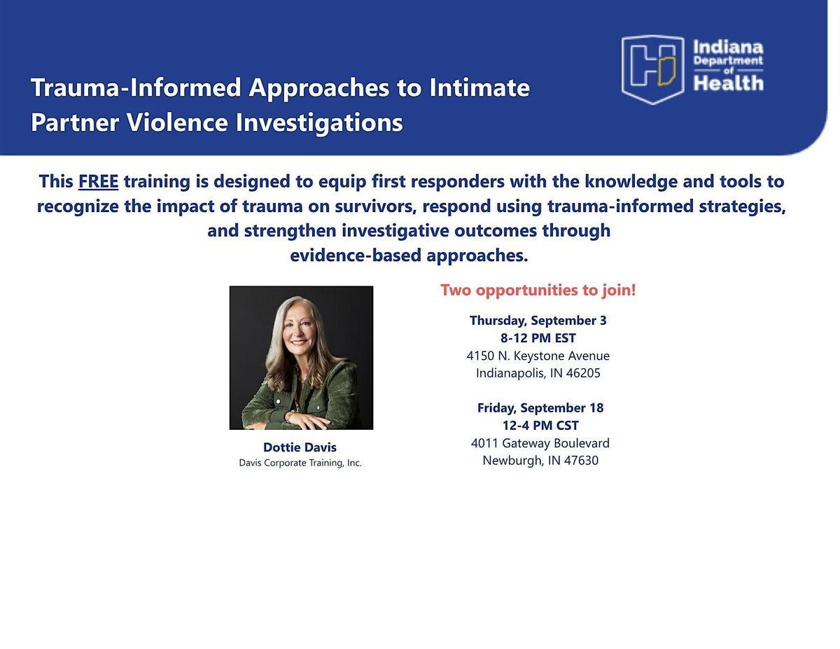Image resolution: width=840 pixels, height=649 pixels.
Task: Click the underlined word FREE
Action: [98, 181]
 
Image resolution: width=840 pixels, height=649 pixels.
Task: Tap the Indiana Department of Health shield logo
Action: [652, 69]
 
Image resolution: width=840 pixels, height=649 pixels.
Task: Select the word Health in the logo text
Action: [728, 83]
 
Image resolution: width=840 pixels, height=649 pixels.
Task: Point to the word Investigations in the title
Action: [319, 123]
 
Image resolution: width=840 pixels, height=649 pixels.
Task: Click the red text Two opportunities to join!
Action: [538, 290]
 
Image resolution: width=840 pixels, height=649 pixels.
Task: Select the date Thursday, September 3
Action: [538, 321]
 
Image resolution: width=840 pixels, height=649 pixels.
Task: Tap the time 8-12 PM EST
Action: [538, 338]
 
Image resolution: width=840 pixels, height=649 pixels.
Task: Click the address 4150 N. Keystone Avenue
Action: [538, 356]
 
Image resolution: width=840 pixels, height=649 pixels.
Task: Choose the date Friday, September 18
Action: [540, 407]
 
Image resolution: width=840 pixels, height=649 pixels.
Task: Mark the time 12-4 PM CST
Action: [540, 426]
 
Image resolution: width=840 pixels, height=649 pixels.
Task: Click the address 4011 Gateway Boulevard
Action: [540, 443]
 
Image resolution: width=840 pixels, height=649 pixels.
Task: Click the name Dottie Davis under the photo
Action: [300, 447]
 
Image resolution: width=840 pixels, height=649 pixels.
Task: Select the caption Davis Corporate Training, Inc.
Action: [300, 463]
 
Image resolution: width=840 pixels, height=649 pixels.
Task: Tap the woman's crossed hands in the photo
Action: [305, 420]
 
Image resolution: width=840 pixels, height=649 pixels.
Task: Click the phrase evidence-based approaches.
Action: [409, 256]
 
